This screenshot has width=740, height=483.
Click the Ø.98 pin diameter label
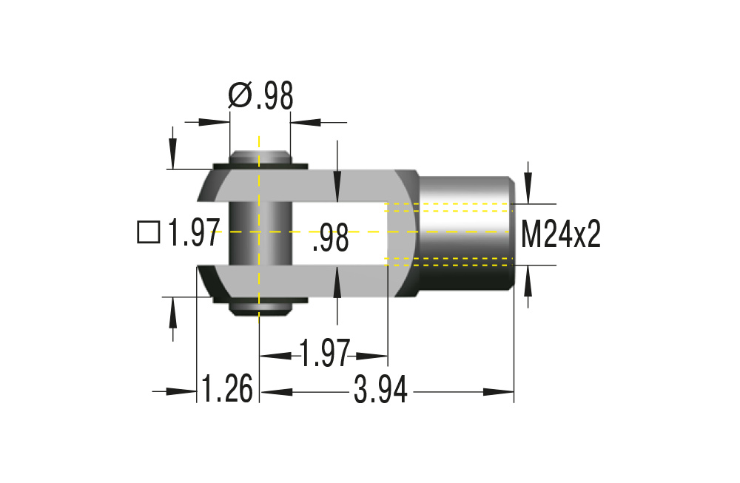tap(260, 96)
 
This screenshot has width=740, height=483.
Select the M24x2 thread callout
tap(560, 234)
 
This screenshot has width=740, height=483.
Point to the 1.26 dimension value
tap(227, 390)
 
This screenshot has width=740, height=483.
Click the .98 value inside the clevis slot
tap(330, 239)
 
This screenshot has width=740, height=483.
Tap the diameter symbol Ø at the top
tap(240, 96)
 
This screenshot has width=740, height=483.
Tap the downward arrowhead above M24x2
tap(528, 195)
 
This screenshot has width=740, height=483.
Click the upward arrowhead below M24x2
tap(528, 274)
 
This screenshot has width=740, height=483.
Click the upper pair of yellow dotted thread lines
tap(448, 206)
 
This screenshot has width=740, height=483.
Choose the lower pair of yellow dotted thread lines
tap(448, 260)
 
